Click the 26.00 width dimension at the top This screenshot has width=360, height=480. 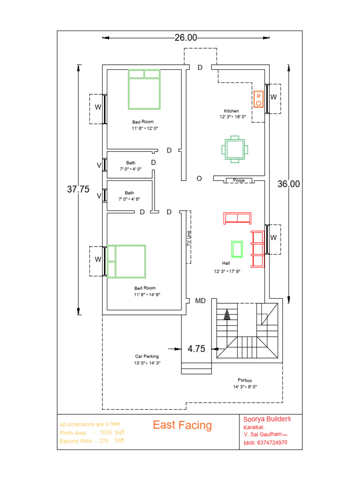[x=186, y=38]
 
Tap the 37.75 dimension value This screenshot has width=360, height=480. [x=78, y=189]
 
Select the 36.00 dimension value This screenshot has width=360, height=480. [x=288, y=184]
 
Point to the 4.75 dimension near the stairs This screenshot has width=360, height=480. [x=197, y=349]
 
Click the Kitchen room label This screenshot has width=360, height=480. [x=232, y=111]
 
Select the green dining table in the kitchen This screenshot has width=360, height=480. [x=234, y=150]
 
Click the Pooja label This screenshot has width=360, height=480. [x=240, y=180]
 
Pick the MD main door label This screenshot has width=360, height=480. [x=201, y=301]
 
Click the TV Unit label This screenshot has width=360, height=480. [x=189, y=238]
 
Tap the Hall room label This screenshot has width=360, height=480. [x=226, y=263]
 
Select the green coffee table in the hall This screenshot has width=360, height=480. [x=237, y=249]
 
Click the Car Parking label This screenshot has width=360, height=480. [x=147, y=356]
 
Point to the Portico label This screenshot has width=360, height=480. [x=245, y=380]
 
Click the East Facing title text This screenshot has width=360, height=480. [x=182, y=425]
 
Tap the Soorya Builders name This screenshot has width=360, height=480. [x=267, y=419]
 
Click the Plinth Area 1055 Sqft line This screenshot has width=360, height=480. [x=92, y=433]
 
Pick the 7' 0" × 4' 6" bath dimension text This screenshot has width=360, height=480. [x=130, y=199]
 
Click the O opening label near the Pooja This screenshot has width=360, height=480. [x=199, y=179]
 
